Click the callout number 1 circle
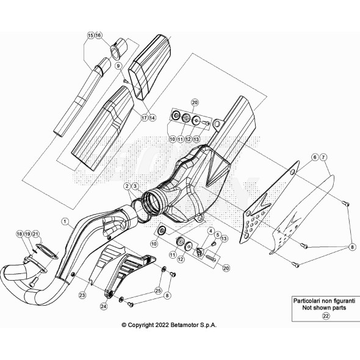[65, 219]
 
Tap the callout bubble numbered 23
[82, 294]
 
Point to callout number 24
[103, 306]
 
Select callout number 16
[99, 36]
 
